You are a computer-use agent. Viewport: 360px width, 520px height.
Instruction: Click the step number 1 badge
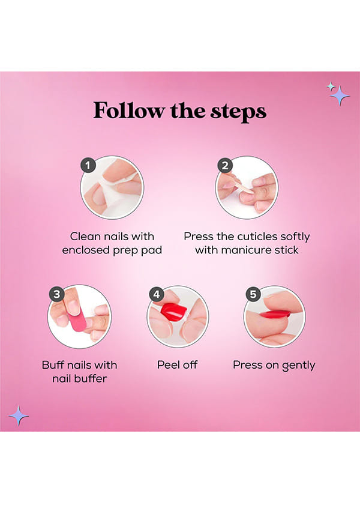point(88,165)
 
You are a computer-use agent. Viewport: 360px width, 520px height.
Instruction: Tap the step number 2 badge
point(225,165)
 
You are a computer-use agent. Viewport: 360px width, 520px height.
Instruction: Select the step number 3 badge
point(57,294)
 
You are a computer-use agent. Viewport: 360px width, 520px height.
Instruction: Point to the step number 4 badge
point(157,294)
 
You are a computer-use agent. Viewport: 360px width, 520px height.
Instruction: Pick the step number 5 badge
point(253,294)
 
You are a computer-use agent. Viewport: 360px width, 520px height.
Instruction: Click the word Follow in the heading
point(128,110)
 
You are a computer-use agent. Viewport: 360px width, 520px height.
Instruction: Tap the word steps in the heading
point(238,112)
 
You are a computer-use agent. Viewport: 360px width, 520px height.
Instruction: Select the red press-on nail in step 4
point(174,312)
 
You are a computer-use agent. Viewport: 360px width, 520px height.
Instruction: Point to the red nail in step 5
point(275,313)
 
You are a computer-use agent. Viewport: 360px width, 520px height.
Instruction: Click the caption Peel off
point(178,365)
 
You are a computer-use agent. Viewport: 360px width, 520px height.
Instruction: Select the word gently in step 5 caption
point(298,366)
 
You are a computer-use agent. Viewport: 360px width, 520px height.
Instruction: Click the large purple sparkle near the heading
point(340,95)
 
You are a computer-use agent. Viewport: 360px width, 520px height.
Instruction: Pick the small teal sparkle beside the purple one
point(331,86)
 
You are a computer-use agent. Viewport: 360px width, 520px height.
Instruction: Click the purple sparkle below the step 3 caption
point(19,416)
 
